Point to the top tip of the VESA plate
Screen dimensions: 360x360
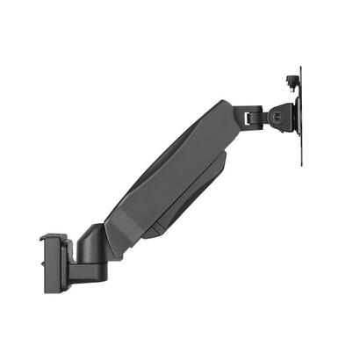301,68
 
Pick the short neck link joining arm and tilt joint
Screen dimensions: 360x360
250,116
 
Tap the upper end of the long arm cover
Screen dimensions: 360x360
224,114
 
